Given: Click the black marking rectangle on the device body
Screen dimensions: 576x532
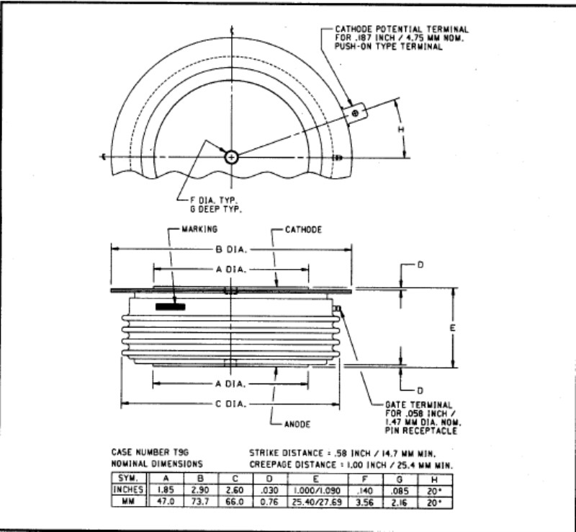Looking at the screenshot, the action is coord(170,306).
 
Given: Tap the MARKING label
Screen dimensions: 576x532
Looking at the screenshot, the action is coord(199,229).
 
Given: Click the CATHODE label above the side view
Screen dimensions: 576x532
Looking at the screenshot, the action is coord(303,229).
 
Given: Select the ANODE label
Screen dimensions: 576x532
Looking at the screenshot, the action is coord(297,424).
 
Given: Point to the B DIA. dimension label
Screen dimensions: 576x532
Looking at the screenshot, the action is coord(231,249).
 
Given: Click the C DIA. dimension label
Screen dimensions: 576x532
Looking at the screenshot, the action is coord(230,404).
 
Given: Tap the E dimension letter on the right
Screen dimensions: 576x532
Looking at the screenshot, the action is coord(453,328).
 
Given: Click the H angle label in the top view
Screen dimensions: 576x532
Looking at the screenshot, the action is coord(401,130).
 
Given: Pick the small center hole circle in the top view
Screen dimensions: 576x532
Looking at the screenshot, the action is coord(231,158).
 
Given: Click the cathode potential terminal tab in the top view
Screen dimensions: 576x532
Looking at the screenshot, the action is coord(355,113).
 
